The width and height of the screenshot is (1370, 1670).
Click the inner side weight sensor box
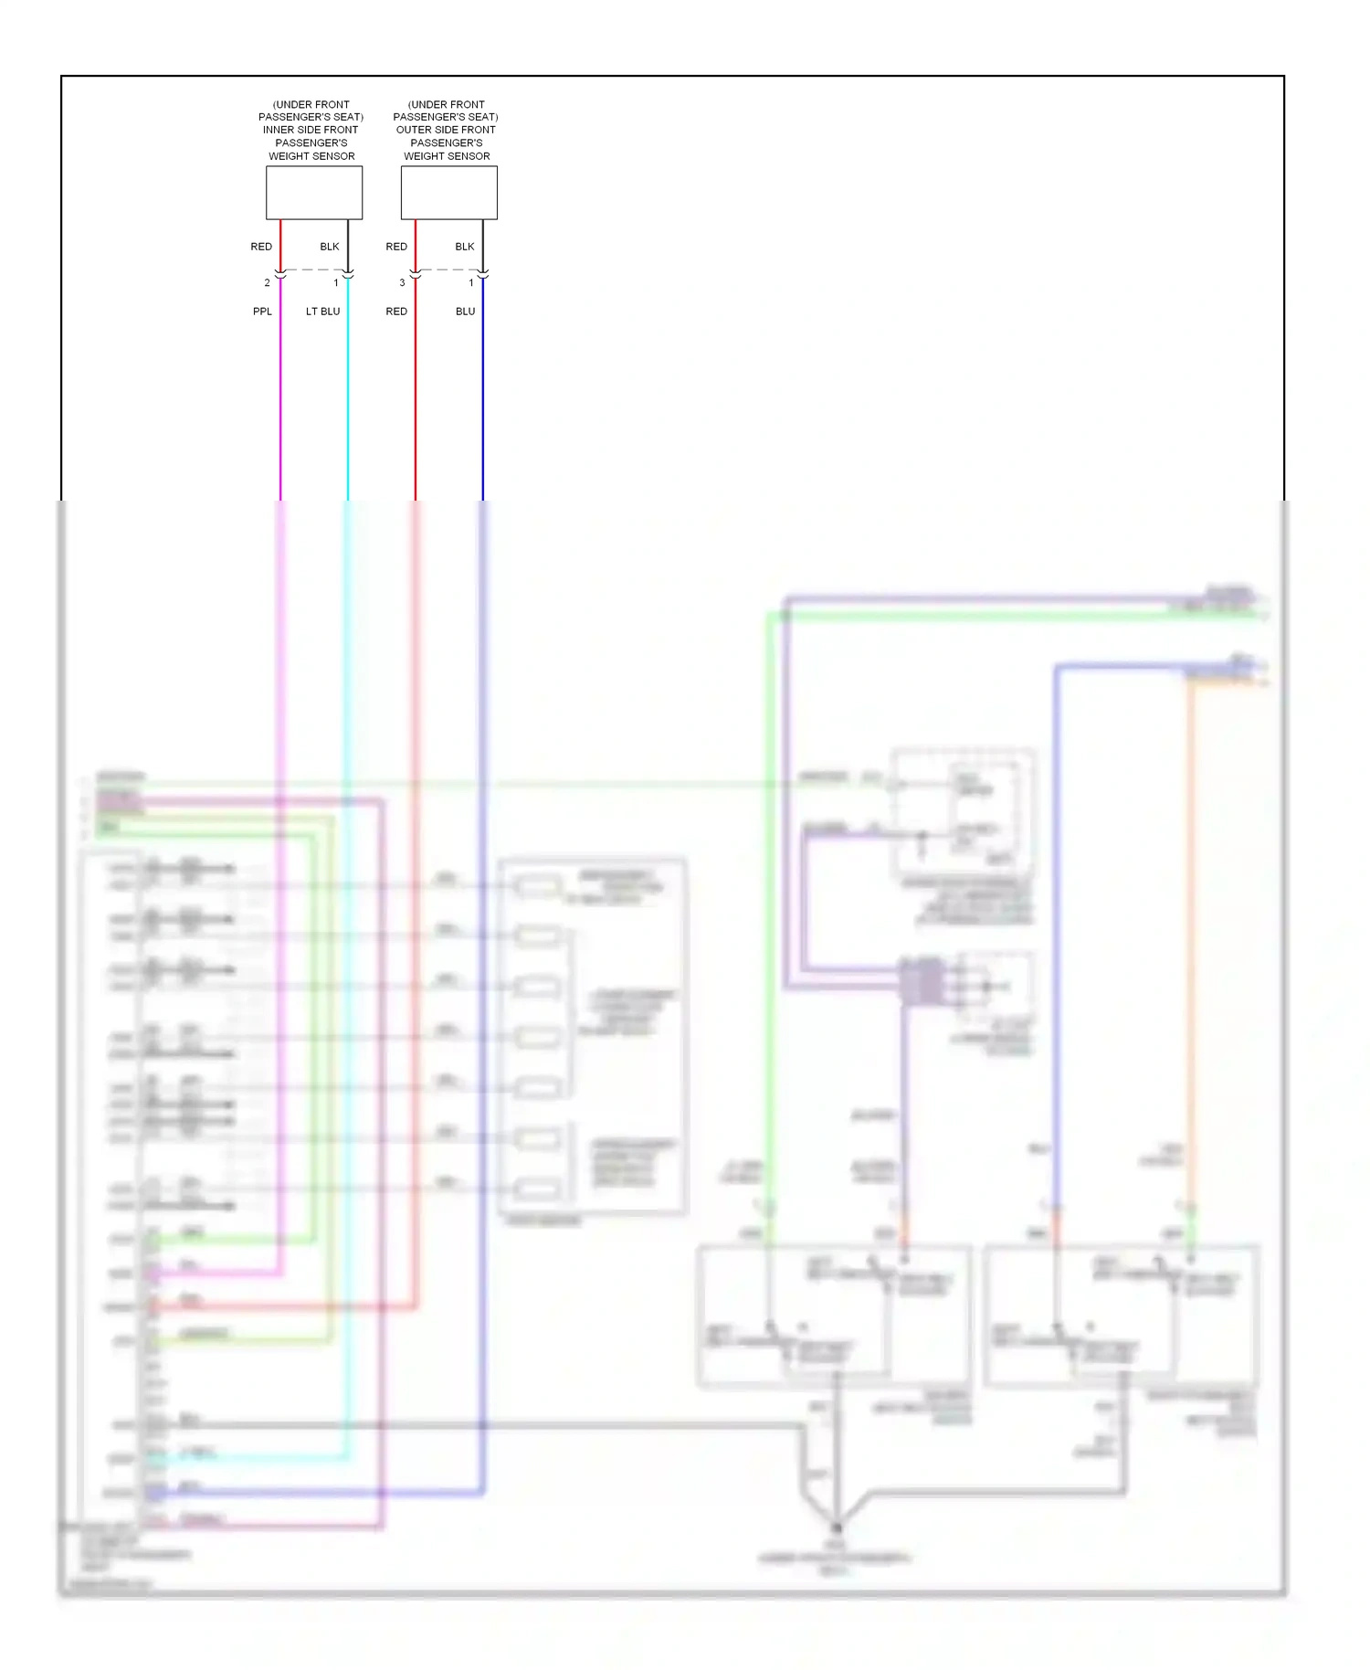[314, 192]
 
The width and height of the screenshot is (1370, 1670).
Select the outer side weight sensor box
[449, 192]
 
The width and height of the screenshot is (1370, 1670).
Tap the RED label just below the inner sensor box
[261, 247]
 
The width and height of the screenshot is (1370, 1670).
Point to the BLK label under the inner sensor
[330, 247]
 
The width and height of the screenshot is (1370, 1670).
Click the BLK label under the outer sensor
[465, 247]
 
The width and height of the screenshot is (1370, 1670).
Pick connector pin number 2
[267, 283]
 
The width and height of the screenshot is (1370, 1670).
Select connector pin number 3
[402, 283]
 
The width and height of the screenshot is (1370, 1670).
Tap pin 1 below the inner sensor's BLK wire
[336, 283]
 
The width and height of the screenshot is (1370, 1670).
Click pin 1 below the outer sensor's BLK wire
[471, 283]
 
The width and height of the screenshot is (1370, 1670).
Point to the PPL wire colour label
[262, 312]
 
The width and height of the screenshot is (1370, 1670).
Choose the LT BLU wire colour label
[322, 312]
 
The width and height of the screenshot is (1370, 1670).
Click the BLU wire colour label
[466, 312]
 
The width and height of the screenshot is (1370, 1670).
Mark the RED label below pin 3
[396, 312]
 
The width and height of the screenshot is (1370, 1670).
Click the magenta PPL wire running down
[280, 411]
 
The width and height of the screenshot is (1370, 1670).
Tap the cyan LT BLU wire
[348, 411]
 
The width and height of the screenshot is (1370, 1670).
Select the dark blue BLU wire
[483, 411]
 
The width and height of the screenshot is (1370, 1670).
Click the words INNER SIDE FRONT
[311, 130]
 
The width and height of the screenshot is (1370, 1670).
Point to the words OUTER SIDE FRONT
[446, 130]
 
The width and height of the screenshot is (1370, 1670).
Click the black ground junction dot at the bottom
[836, 1527]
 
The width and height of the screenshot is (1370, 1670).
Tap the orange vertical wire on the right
[1191, 914]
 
